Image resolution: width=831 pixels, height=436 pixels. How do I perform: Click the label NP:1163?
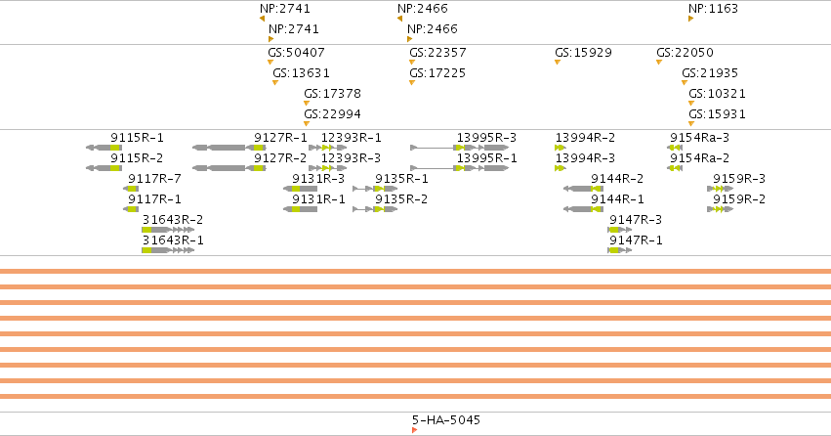tap(713, 9)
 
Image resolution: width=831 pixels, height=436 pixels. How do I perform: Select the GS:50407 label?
tap(296, 53)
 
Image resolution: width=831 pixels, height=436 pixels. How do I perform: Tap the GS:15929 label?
tap(583, 53)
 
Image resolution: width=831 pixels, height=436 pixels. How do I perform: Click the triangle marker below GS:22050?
tap(659, 63)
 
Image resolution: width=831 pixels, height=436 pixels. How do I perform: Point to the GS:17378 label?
tap(332, 94)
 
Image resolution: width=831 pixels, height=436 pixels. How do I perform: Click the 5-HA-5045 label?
tap(445, 420)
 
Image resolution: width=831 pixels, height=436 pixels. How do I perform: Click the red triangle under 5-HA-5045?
tap(414, 430)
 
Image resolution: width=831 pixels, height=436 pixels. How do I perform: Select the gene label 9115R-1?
tap(137, 138)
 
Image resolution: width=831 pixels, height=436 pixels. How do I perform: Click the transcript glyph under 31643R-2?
tap(168, 230)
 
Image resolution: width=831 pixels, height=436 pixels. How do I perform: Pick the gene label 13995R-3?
tap(486, 138)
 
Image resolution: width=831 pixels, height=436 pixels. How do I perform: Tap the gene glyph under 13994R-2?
tap(561, 148)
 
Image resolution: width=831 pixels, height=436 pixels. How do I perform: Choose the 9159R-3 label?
tap(739, 179)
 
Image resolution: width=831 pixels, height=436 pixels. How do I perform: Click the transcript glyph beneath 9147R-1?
tap(619, 250)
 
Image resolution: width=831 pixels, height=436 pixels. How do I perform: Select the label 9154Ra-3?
tap(699, 138)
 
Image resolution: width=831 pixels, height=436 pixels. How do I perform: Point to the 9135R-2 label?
tap(401, 199)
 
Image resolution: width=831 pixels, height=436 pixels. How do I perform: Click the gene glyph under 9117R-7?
tap(131, 189)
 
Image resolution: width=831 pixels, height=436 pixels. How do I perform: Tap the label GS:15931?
tap(717, 114)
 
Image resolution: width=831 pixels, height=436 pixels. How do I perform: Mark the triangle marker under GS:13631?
tap(275, 83)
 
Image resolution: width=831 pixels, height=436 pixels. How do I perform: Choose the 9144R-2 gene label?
tap(617, 179)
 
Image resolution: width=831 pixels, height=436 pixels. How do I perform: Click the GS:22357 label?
tap(437, 53)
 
